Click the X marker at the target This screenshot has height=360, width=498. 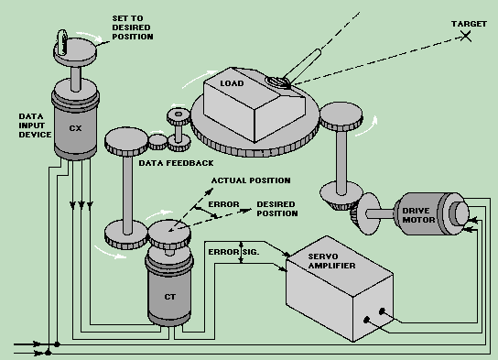click(466, 36)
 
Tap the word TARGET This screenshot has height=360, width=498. click(469, 24)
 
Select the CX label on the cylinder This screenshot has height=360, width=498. click(75, 128)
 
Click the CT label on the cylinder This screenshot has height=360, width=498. click(169, 297)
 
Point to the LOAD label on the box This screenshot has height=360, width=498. click(232, 83)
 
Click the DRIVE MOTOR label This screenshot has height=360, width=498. click(418, 215)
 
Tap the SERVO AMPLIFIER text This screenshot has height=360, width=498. click(331, 261)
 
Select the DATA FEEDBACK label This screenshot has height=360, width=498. click(176, 163)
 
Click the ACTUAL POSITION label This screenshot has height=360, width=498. click(251, 180)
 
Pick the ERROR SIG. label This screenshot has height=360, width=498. click(233, 252)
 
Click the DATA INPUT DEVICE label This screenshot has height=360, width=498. click(35, 125)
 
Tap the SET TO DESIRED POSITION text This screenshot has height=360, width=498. click(133, 27)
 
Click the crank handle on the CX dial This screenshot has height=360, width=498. click(62, 42)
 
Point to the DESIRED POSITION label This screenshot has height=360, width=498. click(277, 209)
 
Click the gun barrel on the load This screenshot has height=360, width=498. click(303, 65)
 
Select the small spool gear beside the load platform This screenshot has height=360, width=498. click(179, 130)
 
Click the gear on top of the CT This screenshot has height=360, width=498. click(169, 235)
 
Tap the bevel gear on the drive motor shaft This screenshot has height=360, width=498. click(365, 213)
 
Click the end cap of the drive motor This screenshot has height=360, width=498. click(460, 213)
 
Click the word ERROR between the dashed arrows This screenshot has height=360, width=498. click(223, 204)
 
